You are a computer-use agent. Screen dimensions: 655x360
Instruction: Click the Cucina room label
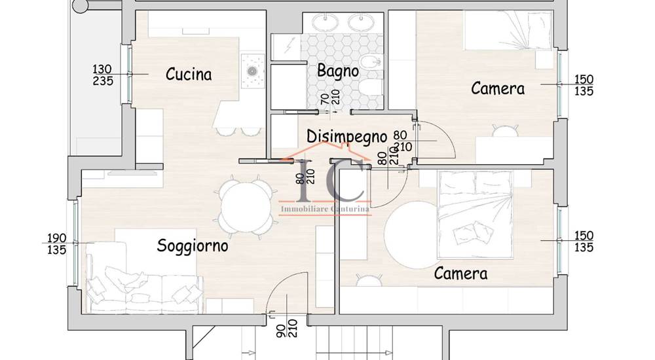[189, 75]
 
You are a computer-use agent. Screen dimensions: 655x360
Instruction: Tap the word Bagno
[338, 71]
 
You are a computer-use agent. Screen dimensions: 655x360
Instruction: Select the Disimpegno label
[346, 137]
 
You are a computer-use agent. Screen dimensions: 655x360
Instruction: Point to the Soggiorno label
[193, 245]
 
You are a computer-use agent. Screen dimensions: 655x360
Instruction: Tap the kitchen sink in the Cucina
[253, 71]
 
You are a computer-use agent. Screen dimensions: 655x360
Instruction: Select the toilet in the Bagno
[371, 87]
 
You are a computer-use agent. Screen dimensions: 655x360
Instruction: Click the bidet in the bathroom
[371, 63]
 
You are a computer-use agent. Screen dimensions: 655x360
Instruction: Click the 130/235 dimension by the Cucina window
[103, 75]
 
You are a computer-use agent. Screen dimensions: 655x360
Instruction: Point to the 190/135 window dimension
[56, 244]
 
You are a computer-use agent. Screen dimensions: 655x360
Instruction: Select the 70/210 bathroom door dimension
[330, 99]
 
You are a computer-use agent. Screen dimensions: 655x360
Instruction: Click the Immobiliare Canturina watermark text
[325, 208]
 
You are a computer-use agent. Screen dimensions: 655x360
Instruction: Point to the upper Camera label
[498, 88]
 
